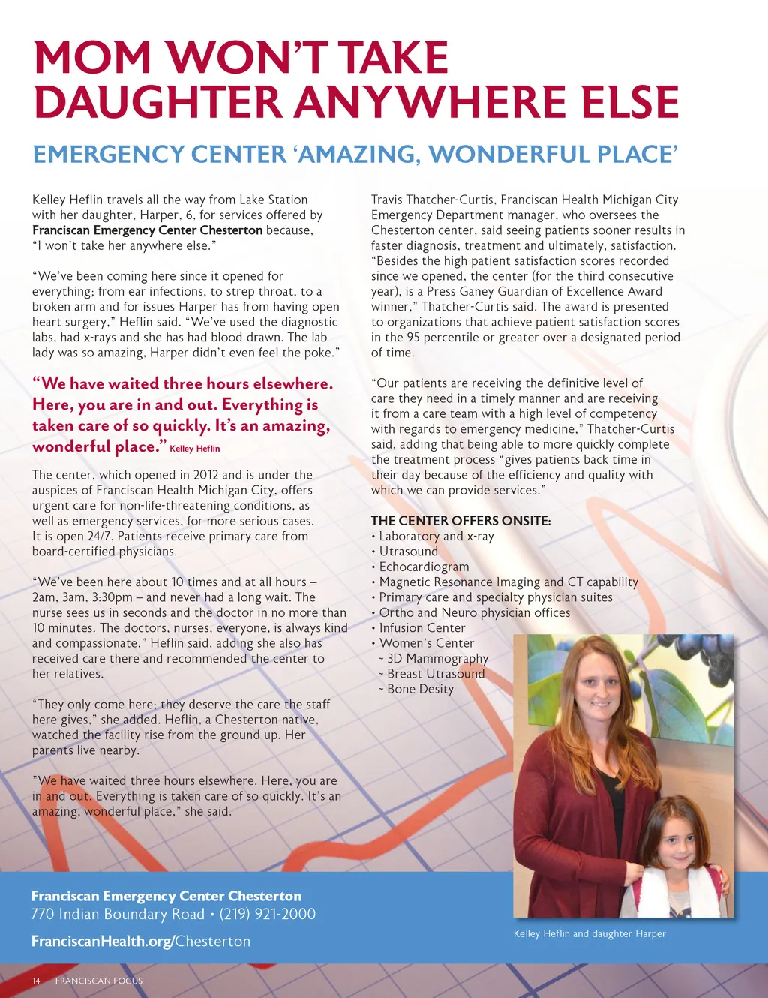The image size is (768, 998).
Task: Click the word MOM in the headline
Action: coord(91,58)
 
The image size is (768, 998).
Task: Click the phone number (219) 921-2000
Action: coord(268,914)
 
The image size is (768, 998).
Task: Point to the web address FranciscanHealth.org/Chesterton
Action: coord(141,941)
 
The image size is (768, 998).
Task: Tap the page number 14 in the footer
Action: coord(36,981)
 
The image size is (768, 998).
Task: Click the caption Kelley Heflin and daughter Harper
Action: coord(589,933)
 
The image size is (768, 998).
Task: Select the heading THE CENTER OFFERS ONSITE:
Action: coord(460,521)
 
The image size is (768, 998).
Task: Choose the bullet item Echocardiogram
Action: coord(424,567)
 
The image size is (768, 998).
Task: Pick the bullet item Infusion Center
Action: coord(422,627)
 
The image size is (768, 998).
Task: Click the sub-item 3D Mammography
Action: coord(437,658)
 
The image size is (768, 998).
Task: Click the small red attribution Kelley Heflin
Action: coord(195,449)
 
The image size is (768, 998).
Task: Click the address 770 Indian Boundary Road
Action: coord(118,914)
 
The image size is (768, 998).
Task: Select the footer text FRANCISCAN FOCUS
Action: coord(98,981)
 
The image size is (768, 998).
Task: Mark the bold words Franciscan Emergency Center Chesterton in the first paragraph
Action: coord(148,230)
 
